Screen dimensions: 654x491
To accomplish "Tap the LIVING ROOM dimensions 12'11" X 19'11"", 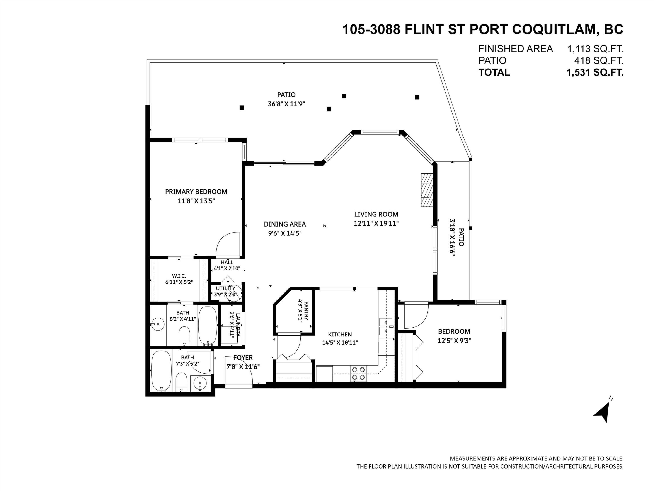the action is click(x=376, y=223).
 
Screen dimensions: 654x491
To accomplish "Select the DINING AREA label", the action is click(x=285, y=224).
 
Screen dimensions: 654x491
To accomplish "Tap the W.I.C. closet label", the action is click(x=179, y=276).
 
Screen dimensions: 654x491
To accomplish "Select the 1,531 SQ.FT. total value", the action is click(x=595, y=72).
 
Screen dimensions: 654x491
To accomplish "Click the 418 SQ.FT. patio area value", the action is click(x=599, y=61).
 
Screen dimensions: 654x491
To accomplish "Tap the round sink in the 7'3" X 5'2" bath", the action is click(x=200, y=384).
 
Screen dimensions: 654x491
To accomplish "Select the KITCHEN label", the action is click(x=340, y=335).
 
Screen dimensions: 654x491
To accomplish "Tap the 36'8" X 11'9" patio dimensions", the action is click(x=286, y=104).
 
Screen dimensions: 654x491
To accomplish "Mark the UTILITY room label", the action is click(x=225, y=288).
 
